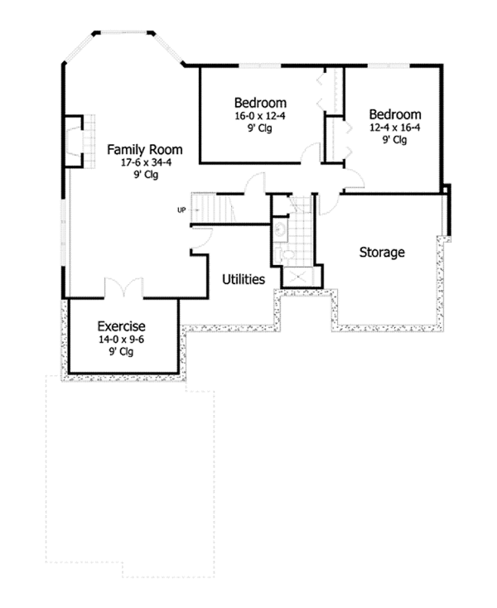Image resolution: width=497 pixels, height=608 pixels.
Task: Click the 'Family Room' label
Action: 144,150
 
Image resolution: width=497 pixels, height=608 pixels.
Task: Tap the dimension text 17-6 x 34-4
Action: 144,163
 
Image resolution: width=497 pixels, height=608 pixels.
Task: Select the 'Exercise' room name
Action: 122,326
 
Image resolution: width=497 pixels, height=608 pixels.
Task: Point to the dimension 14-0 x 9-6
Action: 122,339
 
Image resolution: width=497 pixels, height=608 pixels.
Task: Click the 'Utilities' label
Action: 244,280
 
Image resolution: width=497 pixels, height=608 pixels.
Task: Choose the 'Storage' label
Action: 381,252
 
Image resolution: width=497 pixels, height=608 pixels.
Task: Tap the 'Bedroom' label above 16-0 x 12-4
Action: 260,104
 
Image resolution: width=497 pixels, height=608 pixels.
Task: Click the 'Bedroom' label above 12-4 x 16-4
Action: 395,114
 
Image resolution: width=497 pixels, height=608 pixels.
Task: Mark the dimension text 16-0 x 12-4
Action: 260,117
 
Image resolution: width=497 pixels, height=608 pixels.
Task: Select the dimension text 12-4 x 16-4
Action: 395,128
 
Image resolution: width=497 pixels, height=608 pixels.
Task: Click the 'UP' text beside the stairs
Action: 181,210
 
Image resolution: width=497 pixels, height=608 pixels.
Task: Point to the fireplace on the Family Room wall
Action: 75,142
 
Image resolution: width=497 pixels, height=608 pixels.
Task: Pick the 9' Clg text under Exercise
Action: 122,351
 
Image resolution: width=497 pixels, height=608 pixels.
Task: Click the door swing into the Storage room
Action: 328,200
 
